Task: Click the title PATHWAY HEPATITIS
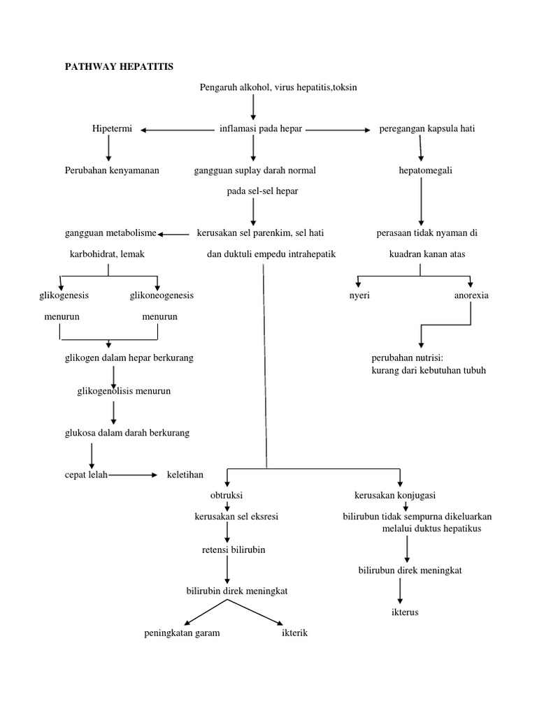[118, 66]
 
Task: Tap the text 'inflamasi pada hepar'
[260, 129]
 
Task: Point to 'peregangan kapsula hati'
[427, 129]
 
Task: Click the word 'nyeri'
[359, 295]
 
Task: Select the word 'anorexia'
[471, 295]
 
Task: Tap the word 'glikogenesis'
[64, 295]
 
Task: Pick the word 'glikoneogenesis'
[162, 295]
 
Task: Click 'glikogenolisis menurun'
[124, 391]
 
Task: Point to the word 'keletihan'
[185, 475]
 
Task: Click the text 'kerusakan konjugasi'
[395, 496]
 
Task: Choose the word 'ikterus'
[405, 612]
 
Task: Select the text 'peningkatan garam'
[182, 633]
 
